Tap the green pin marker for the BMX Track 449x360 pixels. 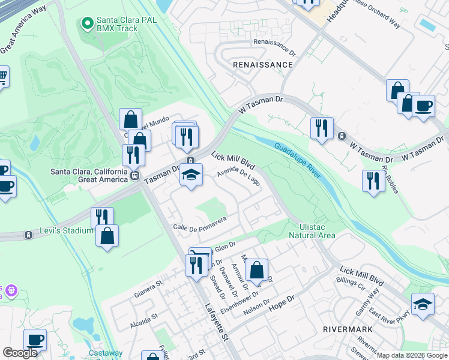tap(87, 24)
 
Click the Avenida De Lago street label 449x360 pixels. tap(238, 176)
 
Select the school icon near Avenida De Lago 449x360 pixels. tap(190, 176)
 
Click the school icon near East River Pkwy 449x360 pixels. tap(423, 304)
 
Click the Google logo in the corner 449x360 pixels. tap(20, 353)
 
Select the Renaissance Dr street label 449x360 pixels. tap(276, 42)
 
